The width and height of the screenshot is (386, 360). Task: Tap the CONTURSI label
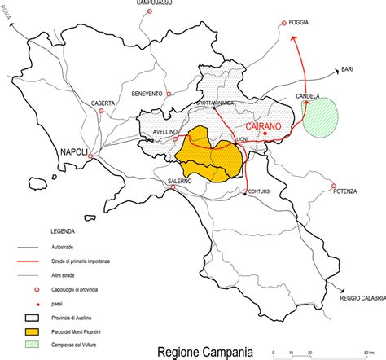point(260,191)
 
